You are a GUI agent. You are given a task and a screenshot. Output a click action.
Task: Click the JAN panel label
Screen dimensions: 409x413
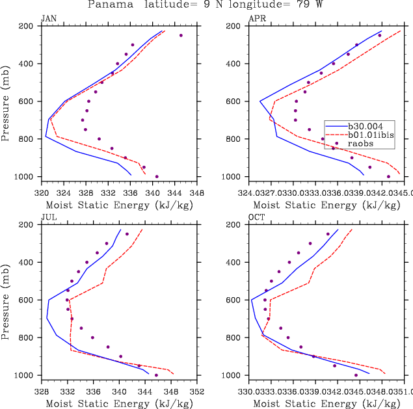[48, 19]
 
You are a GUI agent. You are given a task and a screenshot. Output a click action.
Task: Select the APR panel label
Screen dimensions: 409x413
[256, 19]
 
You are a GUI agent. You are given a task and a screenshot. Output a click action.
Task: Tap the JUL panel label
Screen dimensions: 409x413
[48, 218]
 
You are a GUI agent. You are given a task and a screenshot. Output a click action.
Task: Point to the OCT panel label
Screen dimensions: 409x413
[256, 218]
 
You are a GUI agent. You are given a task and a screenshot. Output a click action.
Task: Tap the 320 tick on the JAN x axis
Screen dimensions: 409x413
[42, 193]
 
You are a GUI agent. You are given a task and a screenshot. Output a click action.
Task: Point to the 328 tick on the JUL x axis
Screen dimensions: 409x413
[42, 392]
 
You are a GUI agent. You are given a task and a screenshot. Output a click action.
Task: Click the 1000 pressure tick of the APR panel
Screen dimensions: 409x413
[233, 177]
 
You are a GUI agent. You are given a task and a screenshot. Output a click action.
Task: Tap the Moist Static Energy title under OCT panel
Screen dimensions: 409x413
[327, 404]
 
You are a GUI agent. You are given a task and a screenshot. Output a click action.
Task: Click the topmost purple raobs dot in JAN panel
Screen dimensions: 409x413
[181, 35]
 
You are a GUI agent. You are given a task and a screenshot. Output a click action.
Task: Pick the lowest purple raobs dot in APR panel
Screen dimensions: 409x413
[389, 176]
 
